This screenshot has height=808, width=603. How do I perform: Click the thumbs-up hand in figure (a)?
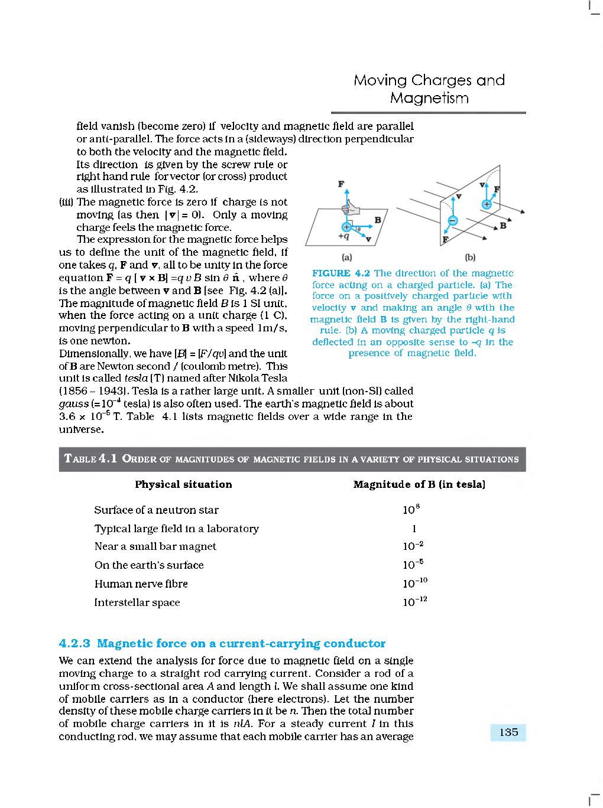click(352, 208)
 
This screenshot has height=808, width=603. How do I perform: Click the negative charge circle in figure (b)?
click(452, 221)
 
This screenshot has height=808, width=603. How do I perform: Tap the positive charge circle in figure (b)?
click(487, 204)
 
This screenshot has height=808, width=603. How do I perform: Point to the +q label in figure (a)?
click(343, 236)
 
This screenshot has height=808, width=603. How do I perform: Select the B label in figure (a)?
click(378, 220)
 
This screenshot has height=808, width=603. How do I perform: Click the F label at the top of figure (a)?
click(341, 184)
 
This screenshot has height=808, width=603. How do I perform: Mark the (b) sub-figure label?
click(470, 258)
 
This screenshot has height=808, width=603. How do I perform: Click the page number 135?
click(508, 732)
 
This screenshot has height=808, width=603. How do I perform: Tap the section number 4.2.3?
click(74, 643)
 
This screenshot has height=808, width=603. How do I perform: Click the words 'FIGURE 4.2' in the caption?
click(341, 273)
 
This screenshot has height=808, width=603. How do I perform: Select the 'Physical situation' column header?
click(183, 484)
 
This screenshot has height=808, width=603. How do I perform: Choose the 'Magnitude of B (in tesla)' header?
click(419, 484)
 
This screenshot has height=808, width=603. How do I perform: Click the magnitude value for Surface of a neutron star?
click(411, 509)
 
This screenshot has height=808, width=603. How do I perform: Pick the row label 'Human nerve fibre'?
click(141, 584)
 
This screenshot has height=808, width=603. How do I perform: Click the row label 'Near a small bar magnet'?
click(155, 546)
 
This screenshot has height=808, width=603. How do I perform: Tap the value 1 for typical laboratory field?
click(414, 529)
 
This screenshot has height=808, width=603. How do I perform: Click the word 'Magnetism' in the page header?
click(429, 98)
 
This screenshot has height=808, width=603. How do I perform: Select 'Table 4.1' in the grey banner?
click(90, 458)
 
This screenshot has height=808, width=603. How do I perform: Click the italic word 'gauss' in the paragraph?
click(73, 404)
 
